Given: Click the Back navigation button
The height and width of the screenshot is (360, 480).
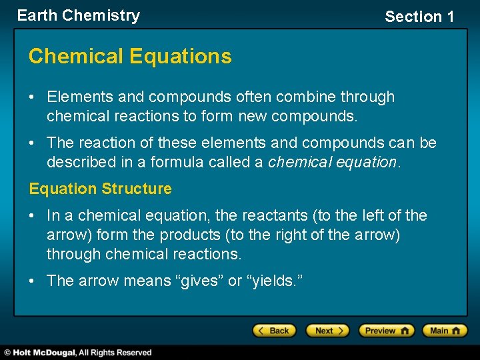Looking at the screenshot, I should coord(274,331).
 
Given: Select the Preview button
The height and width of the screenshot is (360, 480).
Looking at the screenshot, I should coord(386,331).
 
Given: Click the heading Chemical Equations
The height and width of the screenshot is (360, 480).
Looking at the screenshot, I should coord(130,57).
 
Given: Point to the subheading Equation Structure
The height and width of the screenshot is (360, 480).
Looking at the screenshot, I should coord(100,189).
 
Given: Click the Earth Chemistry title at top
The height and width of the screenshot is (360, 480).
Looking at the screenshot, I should coord(79,15).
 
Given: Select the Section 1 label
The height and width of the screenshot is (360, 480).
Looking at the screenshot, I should coord(419,17).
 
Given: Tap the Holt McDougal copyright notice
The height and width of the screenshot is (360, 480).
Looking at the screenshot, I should coord(79,353).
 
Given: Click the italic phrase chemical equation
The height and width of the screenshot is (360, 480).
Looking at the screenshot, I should coord(331,162).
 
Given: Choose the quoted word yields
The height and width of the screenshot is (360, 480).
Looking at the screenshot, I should coord(275,281).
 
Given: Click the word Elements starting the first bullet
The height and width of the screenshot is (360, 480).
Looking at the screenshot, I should coord(80,97).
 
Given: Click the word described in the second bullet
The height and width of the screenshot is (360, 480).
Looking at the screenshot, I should coord(80,162).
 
